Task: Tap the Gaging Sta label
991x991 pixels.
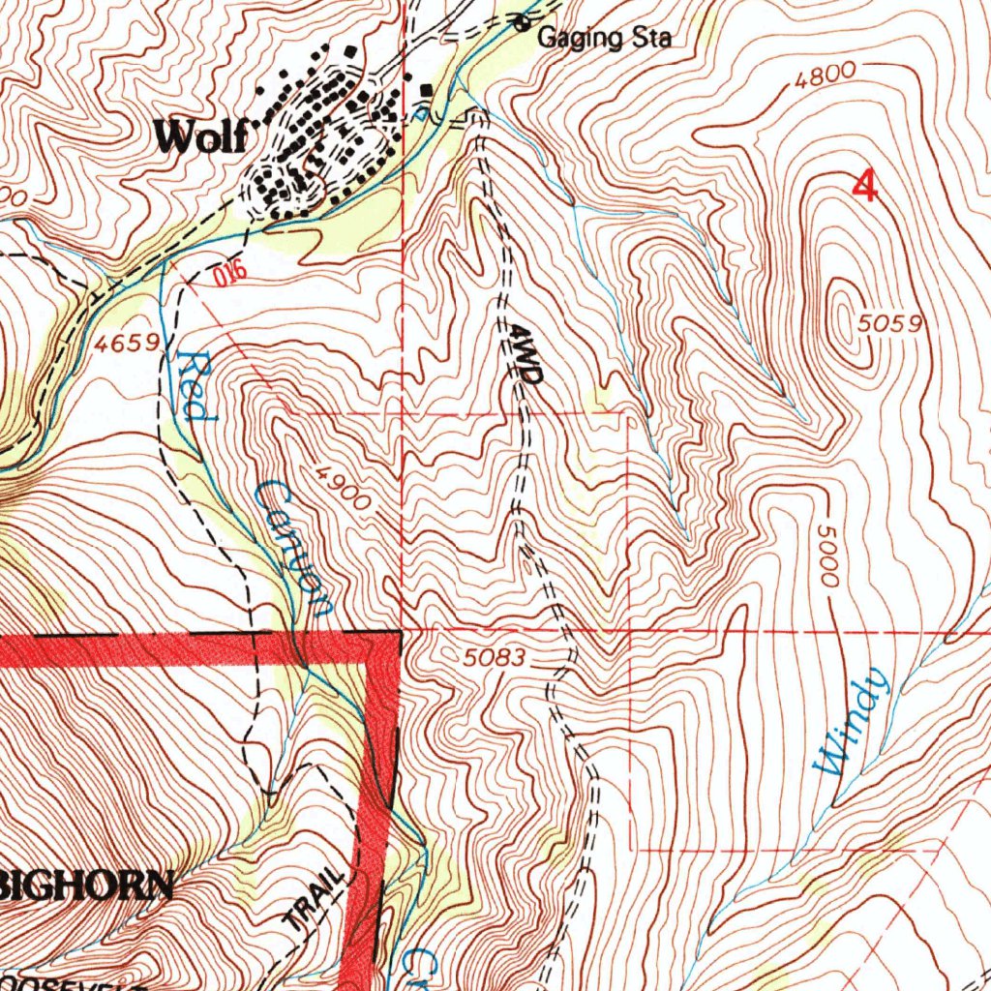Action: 604,39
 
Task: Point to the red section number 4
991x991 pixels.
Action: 864,186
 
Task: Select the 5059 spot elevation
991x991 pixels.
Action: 887,324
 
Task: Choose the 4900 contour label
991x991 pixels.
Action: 343,488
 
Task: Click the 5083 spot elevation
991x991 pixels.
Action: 494,659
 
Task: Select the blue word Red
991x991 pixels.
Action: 192,385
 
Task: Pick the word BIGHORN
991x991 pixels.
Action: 87,884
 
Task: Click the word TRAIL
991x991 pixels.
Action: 315,901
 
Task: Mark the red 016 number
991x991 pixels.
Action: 225,277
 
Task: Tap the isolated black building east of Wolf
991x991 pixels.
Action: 427,92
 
